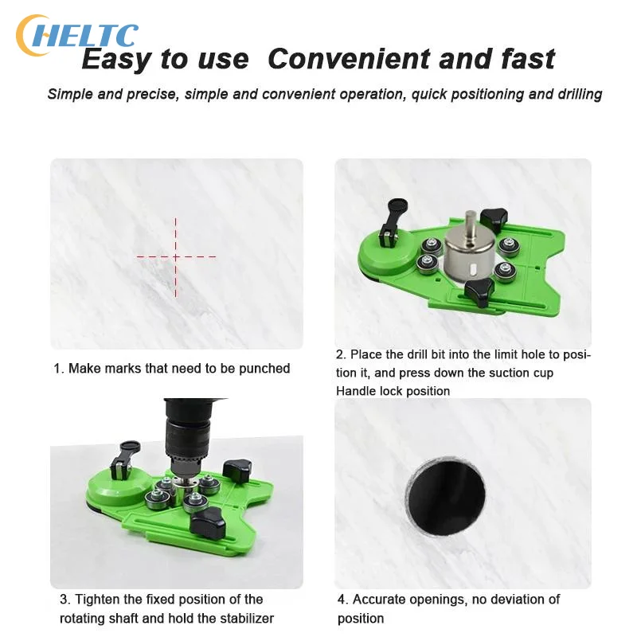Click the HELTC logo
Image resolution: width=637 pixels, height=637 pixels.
(76, 35)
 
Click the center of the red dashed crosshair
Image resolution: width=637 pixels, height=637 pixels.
(176, 256)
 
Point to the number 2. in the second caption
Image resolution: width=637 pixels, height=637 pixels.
(341, 354)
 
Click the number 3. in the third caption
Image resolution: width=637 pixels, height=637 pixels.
(64, 600)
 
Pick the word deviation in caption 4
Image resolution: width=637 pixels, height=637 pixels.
(513, 600)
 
